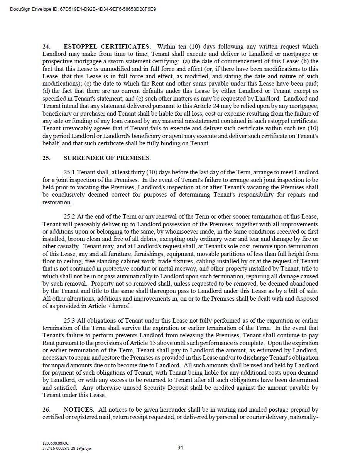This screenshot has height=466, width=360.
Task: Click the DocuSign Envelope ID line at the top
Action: tap(83, 9)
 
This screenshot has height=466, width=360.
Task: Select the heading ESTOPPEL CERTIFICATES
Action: tap(106, 47)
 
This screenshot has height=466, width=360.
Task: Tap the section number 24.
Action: tap(47, 47)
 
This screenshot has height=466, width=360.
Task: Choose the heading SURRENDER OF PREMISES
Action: tap(106, 158)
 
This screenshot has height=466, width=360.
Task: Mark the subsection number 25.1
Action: tap(69, 172)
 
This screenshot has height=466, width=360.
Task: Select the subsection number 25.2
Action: tap(69, 217)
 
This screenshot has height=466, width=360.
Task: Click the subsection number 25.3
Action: tap(69, 321)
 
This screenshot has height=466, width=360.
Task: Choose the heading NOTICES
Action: tap(78, 410)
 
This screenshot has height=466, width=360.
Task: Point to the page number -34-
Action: tap(180, 448)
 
